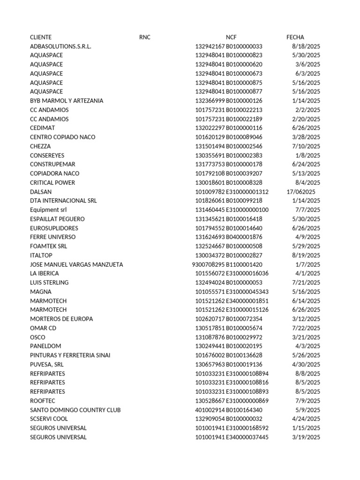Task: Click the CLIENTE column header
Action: (x=41, y=37)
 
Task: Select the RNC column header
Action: (x=145, y=37)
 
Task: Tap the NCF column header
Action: (x=231, y=37)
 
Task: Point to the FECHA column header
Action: (x=295, y=37)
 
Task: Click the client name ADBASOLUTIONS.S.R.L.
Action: (x=60, y=46)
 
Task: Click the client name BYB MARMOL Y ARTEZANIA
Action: (x=67, y=101)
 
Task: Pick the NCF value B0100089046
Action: (x=244, y=137)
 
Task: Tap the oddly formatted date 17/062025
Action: (x=301, y=192)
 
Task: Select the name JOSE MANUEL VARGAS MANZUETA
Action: (x=76, y=264)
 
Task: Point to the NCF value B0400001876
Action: (x=244, y=237)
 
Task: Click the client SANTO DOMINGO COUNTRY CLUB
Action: (x=75, y=410)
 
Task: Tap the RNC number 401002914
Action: (x=210, y=410)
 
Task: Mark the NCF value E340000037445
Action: (x=247, y=437)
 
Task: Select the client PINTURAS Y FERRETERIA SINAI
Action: (x=70, y=355)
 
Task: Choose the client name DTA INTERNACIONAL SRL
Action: (x=63, y=201)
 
